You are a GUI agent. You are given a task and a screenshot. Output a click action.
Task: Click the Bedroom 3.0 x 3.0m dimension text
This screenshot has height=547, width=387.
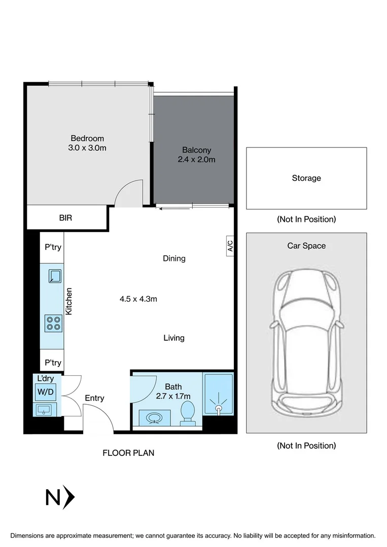87,148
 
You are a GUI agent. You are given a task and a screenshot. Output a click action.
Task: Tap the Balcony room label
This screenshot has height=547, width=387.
197,150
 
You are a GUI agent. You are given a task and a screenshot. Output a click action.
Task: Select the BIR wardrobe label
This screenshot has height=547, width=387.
65,218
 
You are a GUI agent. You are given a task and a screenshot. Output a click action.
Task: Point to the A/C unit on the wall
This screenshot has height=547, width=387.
230,246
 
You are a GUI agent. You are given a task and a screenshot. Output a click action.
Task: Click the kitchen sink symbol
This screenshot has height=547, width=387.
55,276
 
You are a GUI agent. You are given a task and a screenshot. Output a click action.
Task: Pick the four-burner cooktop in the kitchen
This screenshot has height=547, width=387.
54,323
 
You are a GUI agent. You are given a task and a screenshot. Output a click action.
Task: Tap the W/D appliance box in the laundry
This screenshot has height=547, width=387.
46,392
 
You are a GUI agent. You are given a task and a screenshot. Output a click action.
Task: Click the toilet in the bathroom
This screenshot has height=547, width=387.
188,413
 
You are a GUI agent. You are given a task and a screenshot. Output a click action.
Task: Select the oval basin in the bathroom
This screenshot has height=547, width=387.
155,417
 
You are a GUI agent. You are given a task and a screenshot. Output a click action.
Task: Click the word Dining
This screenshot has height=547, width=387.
174,258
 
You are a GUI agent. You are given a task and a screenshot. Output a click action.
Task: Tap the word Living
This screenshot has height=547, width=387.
174,338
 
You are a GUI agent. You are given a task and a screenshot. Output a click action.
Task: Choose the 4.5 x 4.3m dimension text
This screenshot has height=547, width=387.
138,299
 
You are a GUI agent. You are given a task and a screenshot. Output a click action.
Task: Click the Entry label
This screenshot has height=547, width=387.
95,398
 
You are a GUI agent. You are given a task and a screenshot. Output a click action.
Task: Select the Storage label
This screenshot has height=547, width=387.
306,178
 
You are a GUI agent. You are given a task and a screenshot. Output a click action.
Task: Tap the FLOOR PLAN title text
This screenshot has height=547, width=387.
128,453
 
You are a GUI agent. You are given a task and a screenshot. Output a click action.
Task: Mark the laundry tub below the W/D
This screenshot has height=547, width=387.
44,409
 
